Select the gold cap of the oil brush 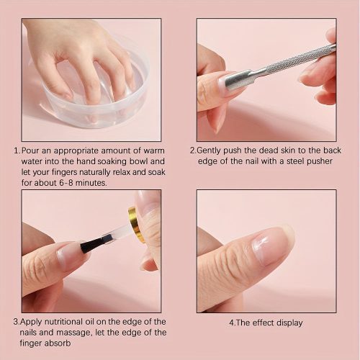[134, 224]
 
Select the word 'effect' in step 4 [264, 323]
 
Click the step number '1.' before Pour [17, 151]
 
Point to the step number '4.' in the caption [232, 323]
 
